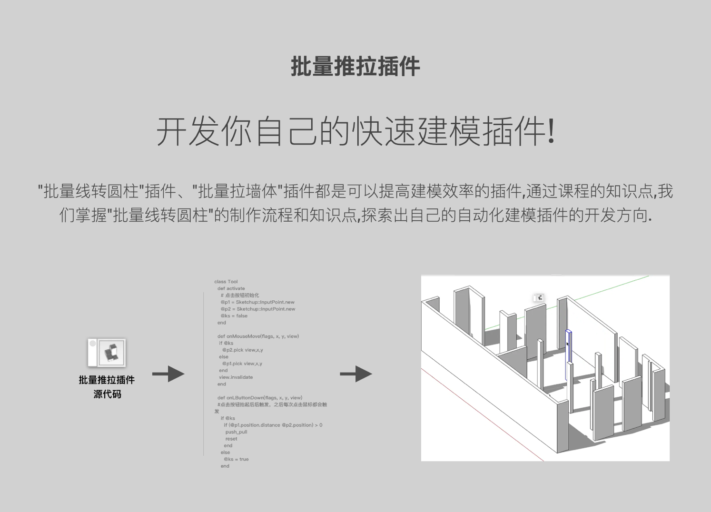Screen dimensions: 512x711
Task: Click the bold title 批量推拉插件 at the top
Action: tap(355, 66)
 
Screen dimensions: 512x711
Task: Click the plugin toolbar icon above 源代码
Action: tap(107, 353)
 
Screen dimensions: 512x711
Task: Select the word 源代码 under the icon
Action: tap(107, 394)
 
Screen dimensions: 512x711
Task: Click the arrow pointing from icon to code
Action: tap(168, 374)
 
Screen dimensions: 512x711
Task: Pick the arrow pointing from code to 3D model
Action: tap(355, 374)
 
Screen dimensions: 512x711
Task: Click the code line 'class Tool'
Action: tap(226, 282)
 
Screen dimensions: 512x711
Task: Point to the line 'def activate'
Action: tap(231, 288)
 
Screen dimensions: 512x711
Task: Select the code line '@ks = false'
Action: tap(234, 315)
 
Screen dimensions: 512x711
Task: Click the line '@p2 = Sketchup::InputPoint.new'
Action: tap(257, 309)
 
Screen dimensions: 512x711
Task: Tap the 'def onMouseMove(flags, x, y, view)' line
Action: tap(258, 336)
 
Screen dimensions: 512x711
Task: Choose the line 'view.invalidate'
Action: tap(236, 377)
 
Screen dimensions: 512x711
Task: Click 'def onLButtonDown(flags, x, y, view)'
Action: tap(259, 397)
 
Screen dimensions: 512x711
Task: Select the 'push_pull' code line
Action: tap(236, 432)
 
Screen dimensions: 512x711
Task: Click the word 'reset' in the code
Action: tap(231, 439)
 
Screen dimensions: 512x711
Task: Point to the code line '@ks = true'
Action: tap(236, 459)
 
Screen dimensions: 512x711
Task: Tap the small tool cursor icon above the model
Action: tap(539, 298)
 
